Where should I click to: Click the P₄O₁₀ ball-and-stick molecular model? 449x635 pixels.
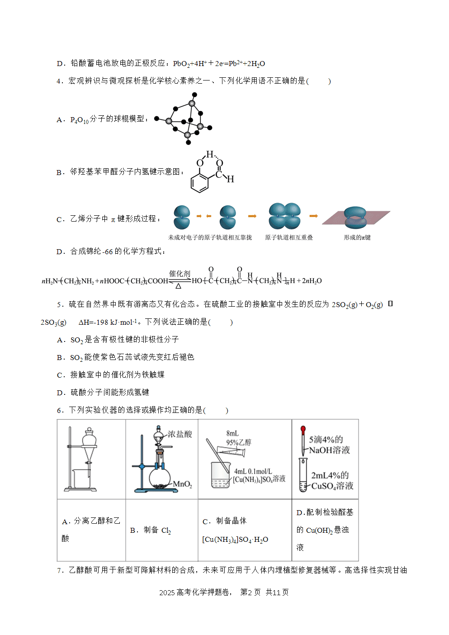183,118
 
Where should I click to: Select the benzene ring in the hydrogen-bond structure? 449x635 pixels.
199,183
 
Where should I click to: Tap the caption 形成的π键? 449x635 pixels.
357,237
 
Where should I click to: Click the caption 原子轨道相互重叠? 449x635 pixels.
289,237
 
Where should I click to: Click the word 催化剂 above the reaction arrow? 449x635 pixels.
180,274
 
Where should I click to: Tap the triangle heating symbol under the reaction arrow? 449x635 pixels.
178,286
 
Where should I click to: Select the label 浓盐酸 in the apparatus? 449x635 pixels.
180,434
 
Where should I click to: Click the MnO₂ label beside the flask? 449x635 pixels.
182,484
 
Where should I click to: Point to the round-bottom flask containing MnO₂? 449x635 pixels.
160,478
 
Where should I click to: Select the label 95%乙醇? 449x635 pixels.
238,442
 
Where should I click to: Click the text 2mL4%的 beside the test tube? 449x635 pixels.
330,475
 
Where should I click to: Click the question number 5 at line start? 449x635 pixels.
59,305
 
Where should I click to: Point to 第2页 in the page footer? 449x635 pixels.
250,592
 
